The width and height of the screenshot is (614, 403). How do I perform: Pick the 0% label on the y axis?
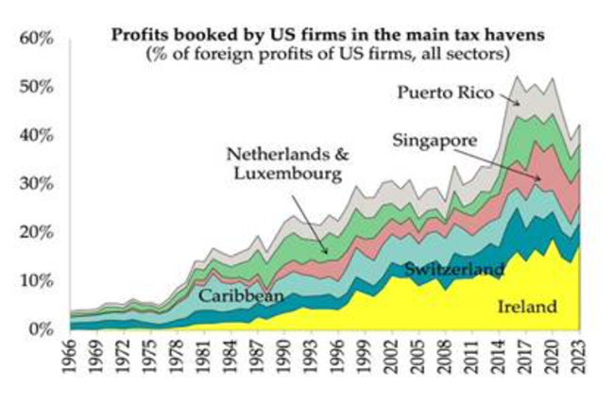pos(38,329)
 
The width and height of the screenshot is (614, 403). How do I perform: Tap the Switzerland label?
pos(454,269)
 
